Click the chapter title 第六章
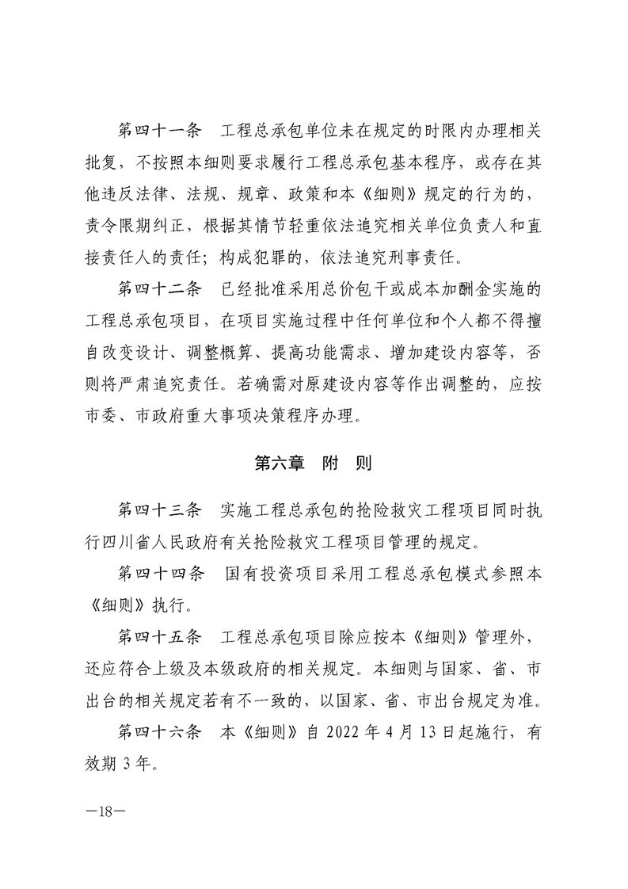click(x=280, y=464)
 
